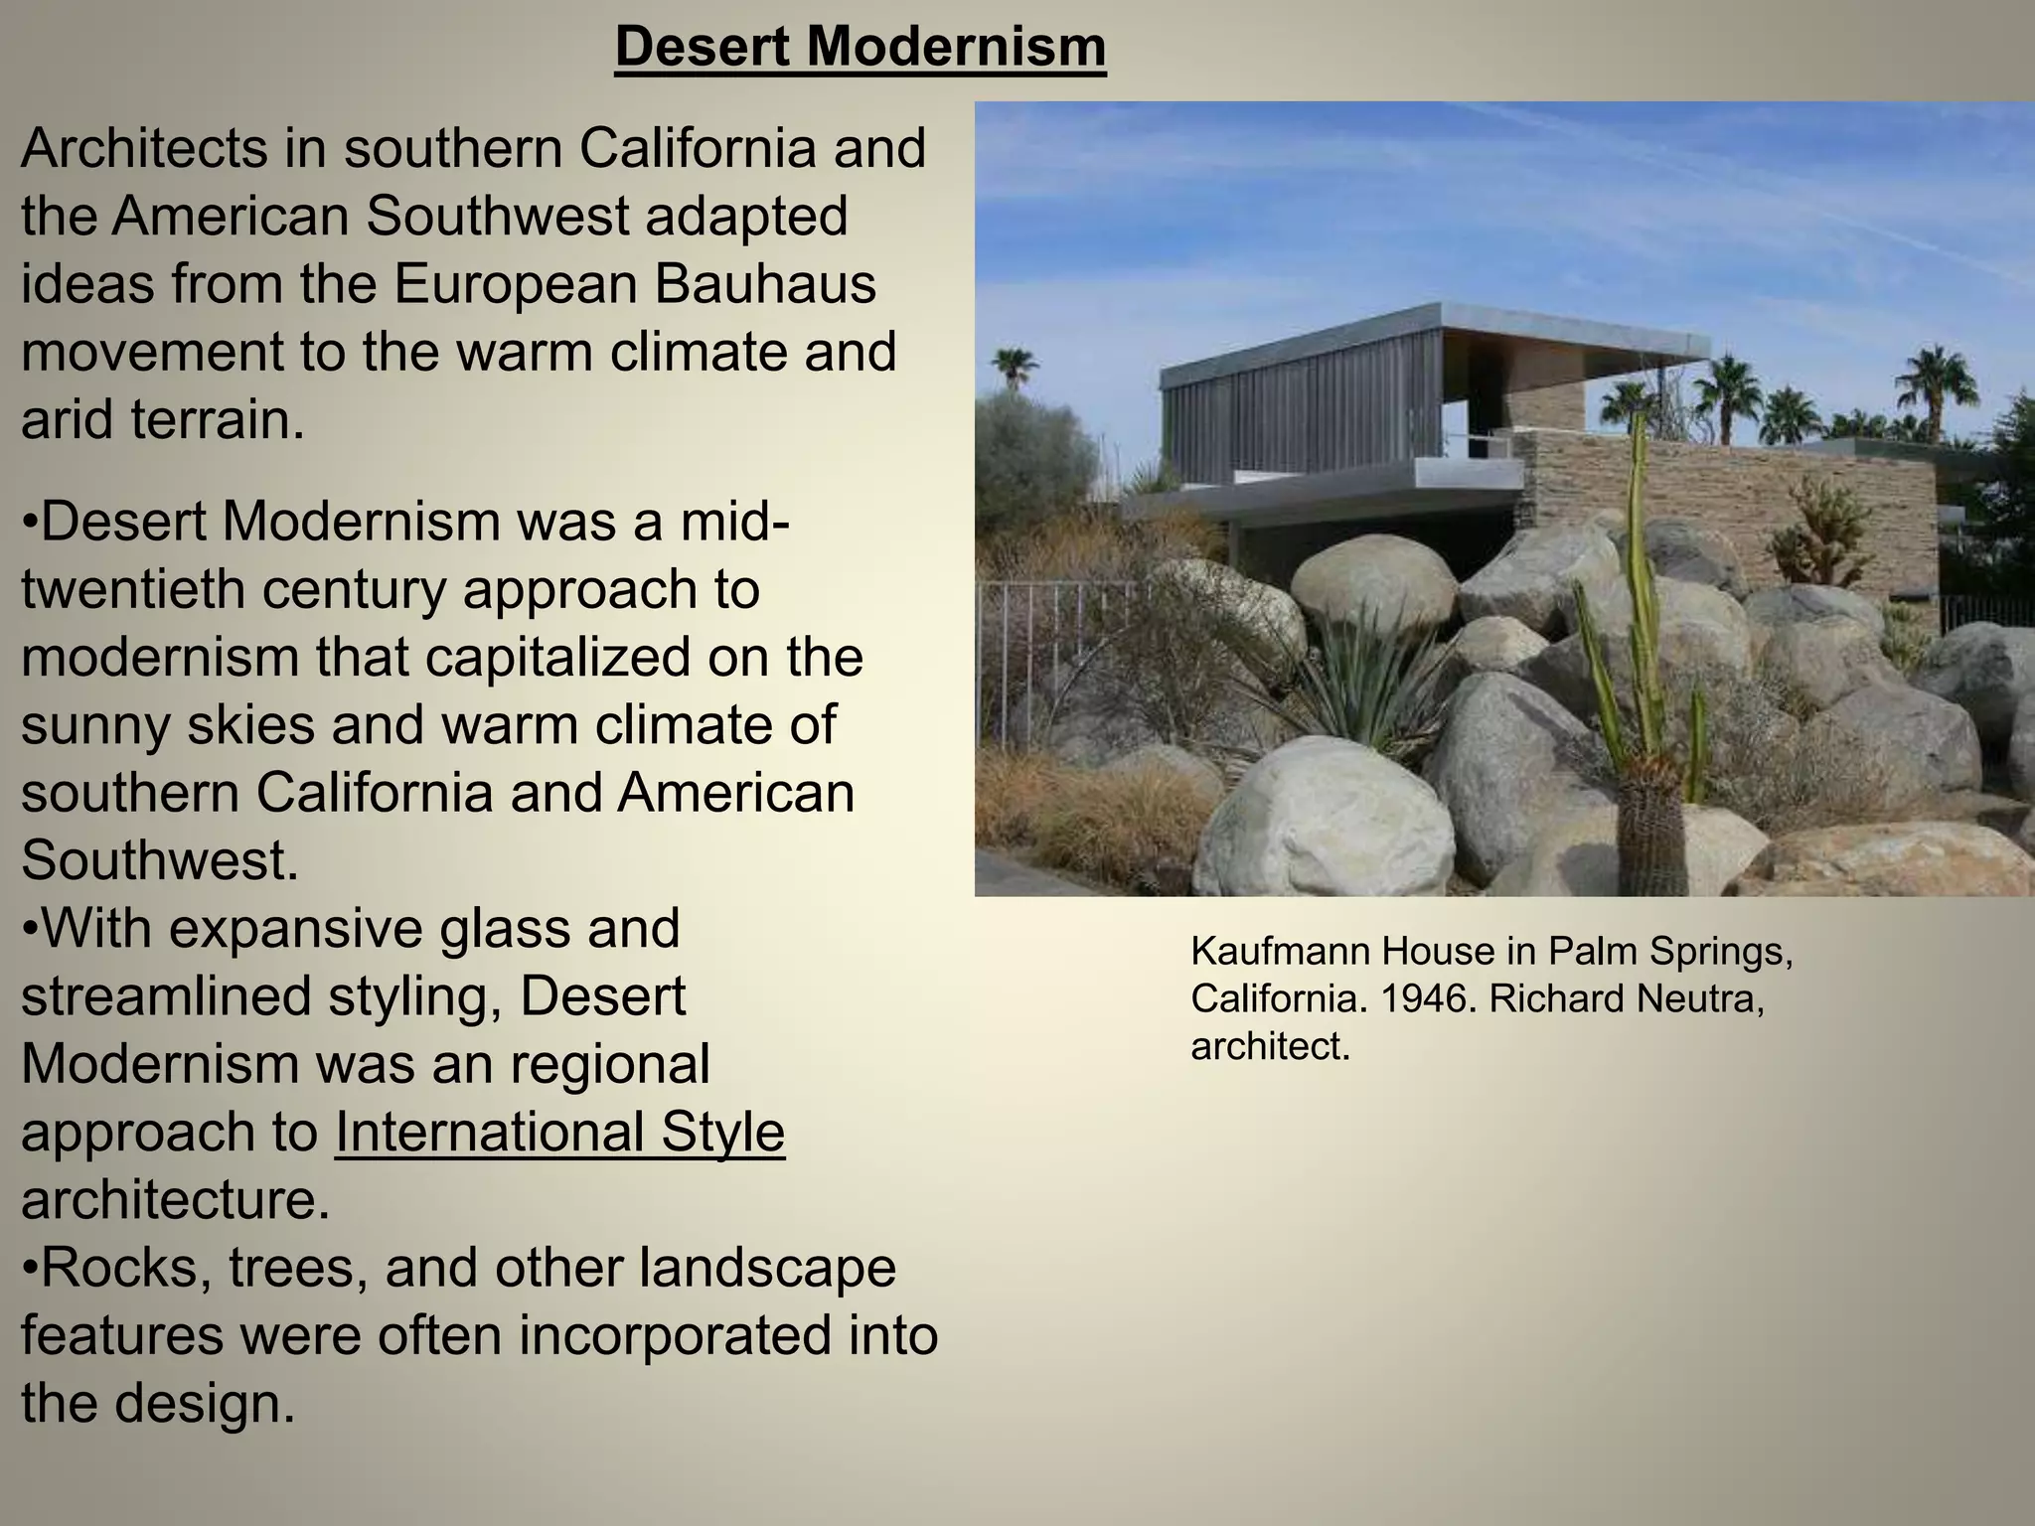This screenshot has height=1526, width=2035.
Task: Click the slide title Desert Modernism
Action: click(x=861, y=47)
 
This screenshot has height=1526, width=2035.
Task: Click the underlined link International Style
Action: click(x=559, y=1132)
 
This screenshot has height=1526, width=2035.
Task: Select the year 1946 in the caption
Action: click(x=1425, y=998)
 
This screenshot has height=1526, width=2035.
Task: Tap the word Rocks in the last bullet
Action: click(x=125, y=1268)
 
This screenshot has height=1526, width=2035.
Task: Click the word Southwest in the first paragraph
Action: click(x=496, y=217)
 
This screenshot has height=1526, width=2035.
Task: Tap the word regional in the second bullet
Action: click(x=610, y=1064)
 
